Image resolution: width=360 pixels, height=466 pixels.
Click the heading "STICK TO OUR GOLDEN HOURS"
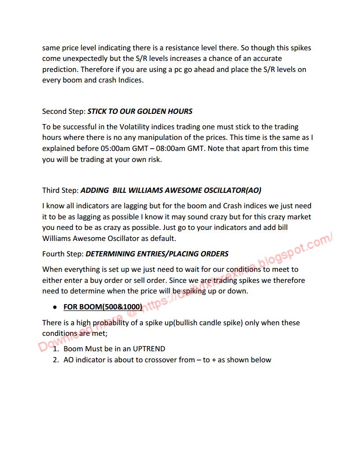point(140,111)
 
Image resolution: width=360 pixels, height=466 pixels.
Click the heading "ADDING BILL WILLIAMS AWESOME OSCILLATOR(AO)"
point(171,190)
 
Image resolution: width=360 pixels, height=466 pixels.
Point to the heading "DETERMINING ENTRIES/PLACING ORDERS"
point(157,254)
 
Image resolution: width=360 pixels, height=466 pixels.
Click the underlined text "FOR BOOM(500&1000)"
point(103,307)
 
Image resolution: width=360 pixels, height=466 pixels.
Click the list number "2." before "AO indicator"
point(56,360)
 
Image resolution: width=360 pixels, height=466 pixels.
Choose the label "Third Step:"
point(60,190)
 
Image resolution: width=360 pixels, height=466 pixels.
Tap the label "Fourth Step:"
point(63,254)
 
